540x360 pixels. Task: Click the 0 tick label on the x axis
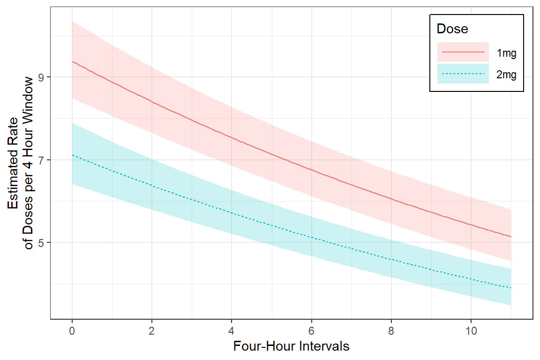pyautogui.click(x=72, y=331)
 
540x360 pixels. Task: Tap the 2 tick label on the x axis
pyautogui.click(x=151, y=331)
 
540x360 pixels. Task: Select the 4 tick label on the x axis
pyautogui.click(x=232, y=331)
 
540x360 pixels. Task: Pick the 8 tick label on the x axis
pyautogui.click(x=391, y=331)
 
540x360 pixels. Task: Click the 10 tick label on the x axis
pyautogui.click(x=471, y=331)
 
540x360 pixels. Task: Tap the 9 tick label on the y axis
pyautogui.click(x=41, y=77)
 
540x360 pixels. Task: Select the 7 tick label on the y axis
pyautogui.click(x=41, y=160)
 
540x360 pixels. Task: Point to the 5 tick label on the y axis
pyautogui.click(x=41, y=243)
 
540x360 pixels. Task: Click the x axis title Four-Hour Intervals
pyautogui.click(x=291, y=347)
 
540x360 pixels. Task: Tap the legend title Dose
pyautogui.click(x=452, y=29)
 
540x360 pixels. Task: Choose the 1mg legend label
pyautogui.click(x=506, y=53)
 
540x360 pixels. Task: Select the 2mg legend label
pyautogui.click(x=506, y=74)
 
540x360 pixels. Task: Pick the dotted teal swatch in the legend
pyautogui.click(x=463, y=74)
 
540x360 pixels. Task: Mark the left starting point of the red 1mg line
pyautogui.click(x=72, y=62)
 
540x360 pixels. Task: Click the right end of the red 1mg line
pyautogui.click(x=510, y=237)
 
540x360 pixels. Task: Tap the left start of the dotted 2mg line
pyautogui.click(x=72, y=155)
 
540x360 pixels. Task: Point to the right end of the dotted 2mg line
pyautogui.click(x=510, y=287)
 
